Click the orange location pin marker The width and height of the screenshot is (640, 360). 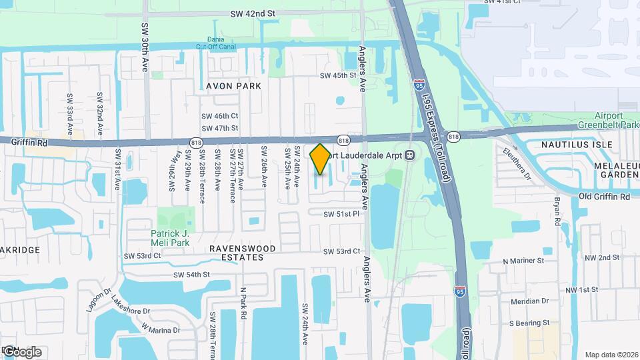(320, 159)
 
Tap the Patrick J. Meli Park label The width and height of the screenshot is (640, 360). (170, 238)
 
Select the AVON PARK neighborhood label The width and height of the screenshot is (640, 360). (233, 86)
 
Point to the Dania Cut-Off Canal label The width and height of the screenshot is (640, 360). (215, 43)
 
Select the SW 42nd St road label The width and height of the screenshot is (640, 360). (253, 13)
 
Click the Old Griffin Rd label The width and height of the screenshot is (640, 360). (604, 197)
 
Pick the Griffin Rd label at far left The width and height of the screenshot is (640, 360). (27, 142)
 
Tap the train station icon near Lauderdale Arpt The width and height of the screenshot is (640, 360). (409, 155)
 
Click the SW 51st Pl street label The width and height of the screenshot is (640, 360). (341, 215)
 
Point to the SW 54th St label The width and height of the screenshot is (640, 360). (191, 275)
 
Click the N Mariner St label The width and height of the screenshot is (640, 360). (524, 261)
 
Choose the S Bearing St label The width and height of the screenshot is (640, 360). (529, 323)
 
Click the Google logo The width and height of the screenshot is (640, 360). (22, 351)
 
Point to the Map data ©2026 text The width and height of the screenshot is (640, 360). (611, 355)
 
